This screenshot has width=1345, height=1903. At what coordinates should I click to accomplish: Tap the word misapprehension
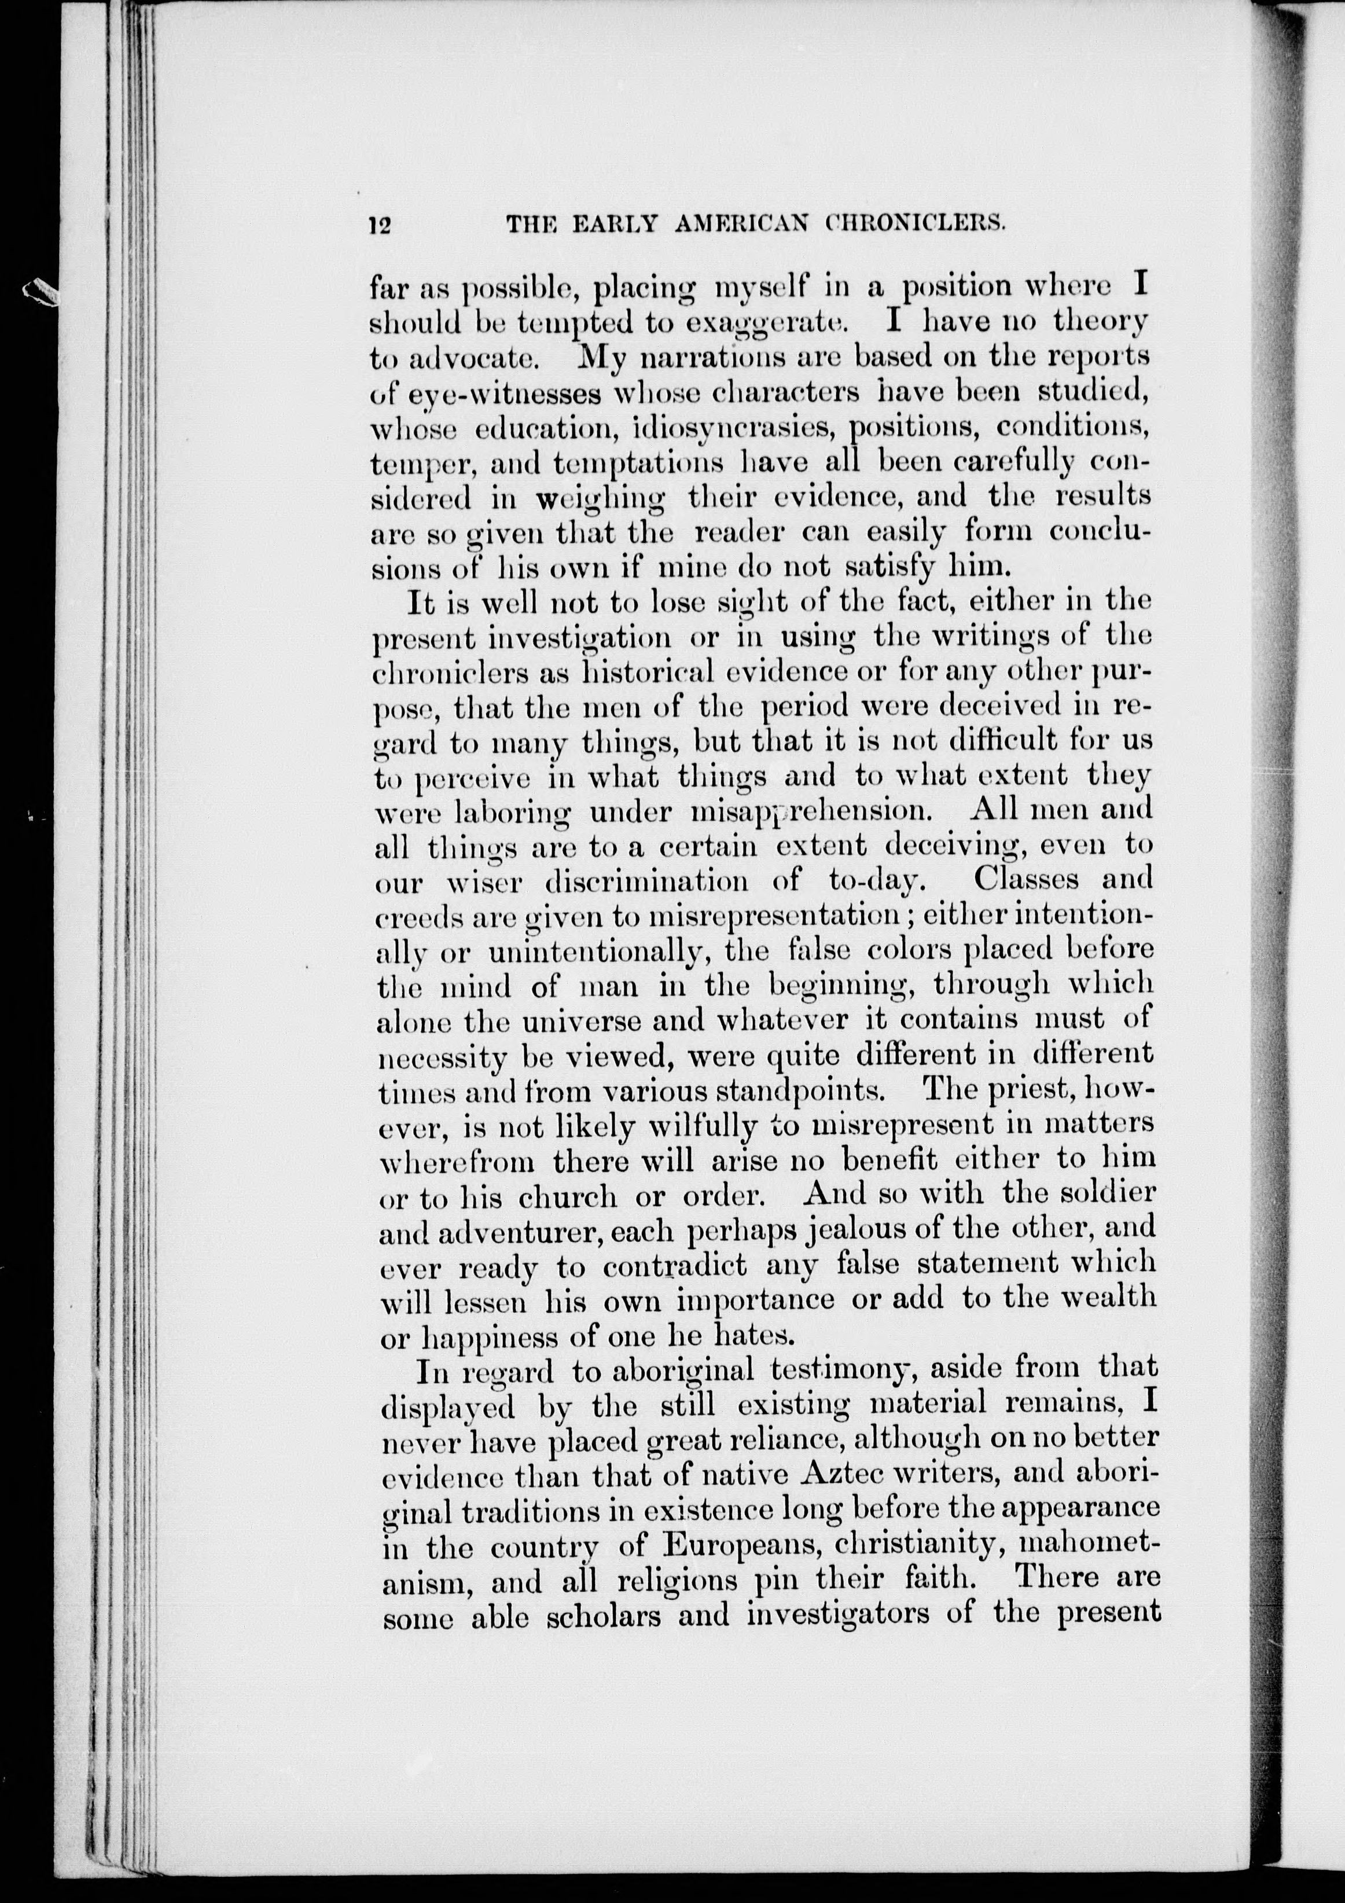coord(806,811)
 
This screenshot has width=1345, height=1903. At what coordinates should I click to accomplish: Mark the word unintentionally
coord(602,952)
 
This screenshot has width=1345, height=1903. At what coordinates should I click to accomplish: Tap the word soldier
coord(1107,1195)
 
